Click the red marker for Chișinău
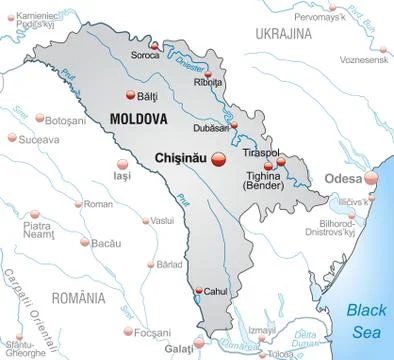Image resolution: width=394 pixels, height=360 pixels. point(221,158)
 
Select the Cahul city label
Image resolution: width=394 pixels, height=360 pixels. point(216,291)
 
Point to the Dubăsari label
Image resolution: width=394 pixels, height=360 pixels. point(213,127)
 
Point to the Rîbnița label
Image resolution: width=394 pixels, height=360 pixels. point(208,82)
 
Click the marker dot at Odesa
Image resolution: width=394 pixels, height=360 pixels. point(371,178)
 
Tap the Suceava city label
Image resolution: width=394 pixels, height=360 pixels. point(40,140)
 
